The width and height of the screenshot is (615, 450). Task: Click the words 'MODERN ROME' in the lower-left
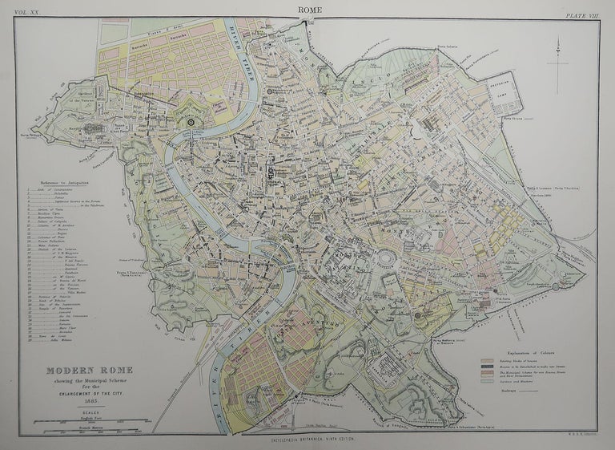click(78, 370)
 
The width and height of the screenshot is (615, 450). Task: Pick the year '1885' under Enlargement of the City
click(78, 399)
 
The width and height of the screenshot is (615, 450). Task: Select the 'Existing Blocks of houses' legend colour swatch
click(486, 339)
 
